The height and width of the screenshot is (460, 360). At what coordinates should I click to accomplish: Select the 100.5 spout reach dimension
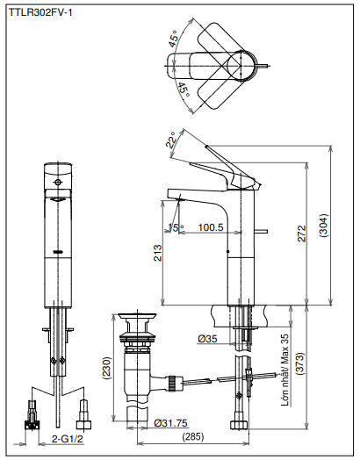tap(211, 227)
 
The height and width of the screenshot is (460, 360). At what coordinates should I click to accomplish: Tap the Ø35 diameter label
tap(208, 339)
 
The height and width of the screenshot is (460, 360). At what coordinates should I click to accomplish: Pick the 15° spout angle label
tap(176, 227)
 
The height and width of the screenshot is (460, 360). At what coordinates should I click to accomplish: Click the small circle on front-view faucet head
tap(59, 183)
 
